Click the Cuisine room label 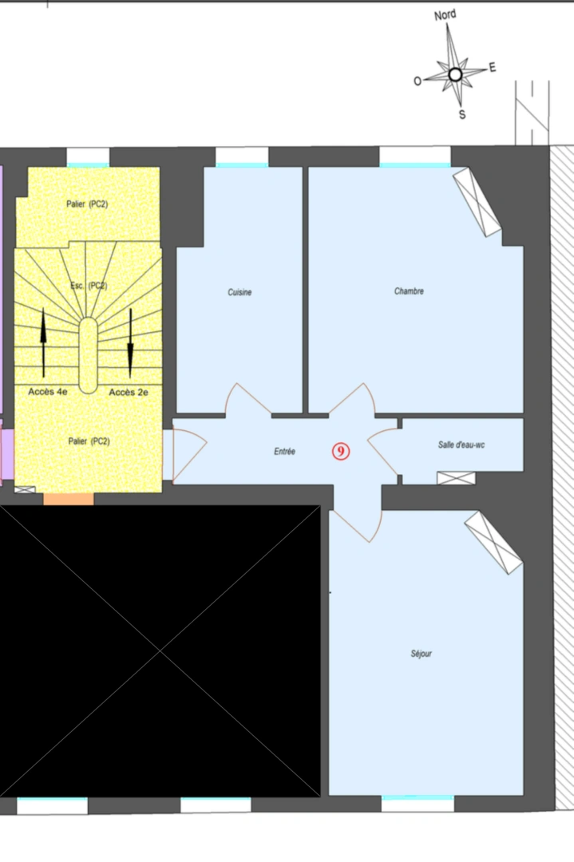coord(239,292)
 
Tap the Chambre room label coord(409,291)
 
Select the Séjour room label coord(422,653)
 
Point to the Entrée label coord(285,451)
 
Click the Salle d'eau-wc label coord(461,445)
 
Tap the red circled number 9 coord(341,451)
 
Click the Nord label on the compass coord(445,15)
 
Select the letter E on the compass coord(492,67)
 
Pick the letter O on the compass coord(418,81)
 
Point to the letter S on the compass coord(462,114)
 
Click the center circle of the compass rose coord(455,74)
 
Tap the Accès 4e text coord(48,391)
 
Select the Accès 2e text coord(129,392)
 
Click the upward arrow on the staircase coord(43,342)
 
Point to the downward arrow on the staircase coord(130,343)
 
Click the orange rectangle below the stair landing coord(69,499)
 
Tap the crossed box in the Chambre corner coord(477,202)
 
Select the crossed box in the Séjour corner coord(493,544)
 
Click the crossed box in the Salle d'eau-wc coord(456,478)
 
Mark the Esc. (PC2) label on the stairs coord(89,285)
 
